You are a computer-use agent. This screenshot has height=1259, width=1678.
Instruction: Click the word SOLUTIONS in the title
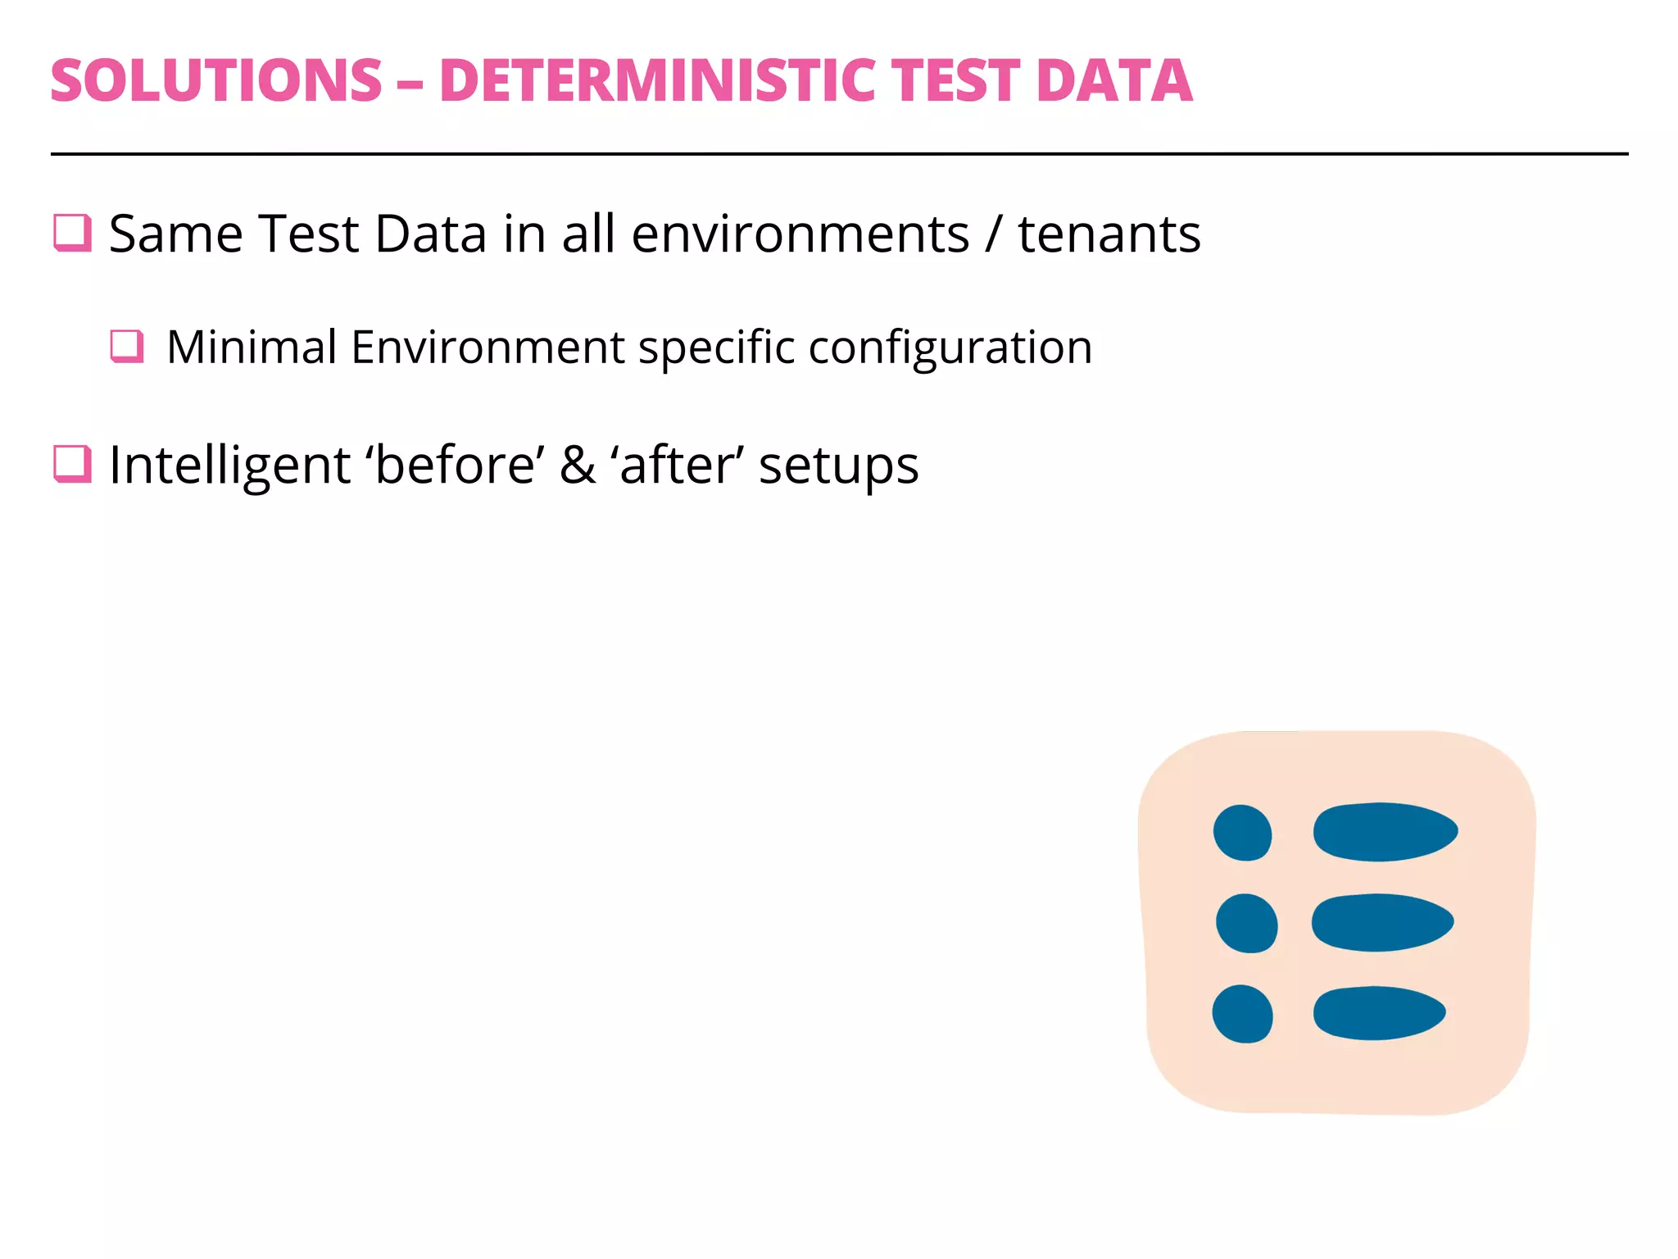click(x=216, y=81)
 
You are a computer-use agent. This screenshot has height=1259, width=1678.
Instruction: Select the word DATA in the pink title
click(x=1113, y=81)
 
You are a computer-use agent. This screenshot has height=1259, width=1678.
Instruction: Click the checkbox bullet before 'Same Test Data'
click(x=72, y=233)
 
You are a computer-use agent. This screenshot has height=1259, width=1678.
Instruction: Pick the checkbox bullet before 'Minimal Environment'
click(x=127, y=346)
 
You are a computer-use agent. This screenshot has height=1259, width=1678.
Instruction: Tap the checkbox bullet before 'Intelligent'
click(x=72, y=464)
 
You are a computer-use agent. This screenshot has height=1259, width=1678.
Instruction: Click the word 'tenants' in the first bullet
click(x=1109, y=234)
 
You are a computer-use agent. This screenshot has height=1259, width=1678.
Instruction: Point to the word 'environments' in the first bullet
click(x=800, y=234)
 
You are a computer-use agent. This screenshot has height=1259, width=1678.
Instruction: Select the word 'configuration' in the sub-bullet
click(x=950, y=348)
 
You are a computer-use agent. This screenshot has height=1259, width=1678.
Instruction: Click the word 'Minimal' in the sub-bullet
click(x=252, y=347)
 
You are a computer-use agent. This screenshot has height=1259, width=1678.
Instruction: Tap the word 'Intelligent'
click(x=230, y=466)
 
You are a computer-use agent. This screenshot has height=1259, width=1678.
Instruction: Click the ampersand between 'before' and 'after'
click(x=578, y=466)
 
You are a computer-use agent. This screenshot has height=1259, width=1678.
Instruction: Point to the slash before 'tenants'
click(x=993, y=236)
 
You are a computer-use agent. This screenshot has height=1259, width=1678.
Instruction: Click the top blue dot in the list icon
click(x=1242, y=833)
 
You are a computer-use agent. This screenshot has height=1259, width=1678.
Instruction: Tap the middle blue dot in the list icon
click(x=1246, y=923)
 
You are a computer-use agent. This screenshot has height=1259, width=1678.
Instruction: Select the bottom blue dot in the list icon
click(x=1242, y=1014)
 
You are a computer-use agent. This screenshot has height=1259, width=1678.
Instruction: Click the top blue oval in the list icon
click(x=1385, y=832)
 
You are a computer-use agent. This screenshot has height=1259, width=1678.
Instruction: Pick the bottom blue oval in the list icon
click(x=1379, y=1013)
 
